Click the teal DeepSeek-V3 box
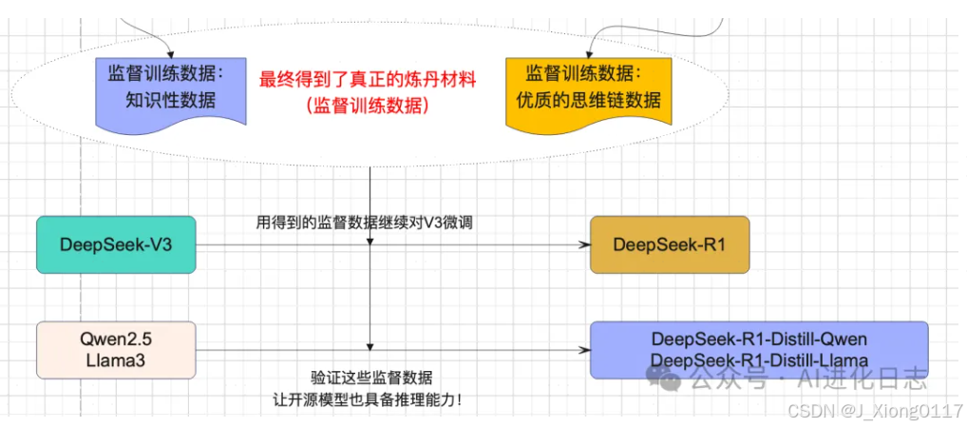[x=116, y=245]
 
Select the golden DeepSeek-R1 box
[x=669, y=245]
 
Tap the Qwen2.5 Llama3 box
[x=116, y=349]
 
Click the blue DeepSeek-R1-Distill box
[x=759, y=349]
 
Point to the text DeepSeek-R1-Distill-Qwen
[x=759, y=340]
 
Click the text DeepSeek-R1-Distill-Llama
[x=759, y=360]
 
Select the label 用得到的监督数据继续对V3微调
[x=365, y=223]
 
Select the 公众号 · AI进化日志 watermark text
[x=807, y=381]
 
